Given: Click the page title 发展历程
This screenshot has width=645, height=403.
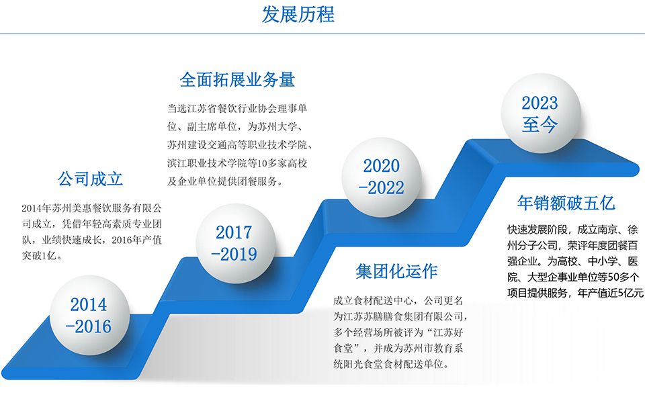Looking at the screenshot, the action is (x=298, y=14).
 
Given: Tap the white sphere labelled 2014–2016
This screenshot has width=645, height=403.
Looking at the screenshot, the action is (x=89, y=316).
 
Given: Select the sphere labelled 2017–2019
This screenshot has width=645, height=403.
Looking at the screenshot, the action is (x=235, y=243).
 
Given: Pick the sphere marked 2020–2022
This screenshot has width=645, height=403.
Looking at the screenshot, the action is (x=382, y=177).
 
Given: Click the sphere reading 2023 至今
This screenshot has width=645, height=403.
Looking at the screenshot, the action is (x=540, y=114).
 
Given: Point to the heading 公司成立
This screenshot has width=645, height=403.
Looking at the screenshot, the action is (x=90, y=179).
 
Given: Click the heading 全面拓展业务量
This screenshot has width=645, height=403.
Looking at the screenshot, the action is (x=237, y=79).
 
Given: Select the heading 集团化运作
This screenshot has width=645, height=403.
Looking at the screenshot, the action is (x=396, y=271).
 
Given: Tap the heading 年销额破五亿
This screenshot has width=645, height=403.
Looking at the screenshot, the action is (x=566, y=203).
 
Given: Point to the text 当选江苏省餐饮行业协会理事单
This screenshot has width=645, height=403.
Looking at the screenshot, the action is (x=237, y=109).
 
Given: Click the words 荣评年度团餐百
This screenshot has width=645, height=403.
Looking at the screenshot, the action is (x=603, y=246).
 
